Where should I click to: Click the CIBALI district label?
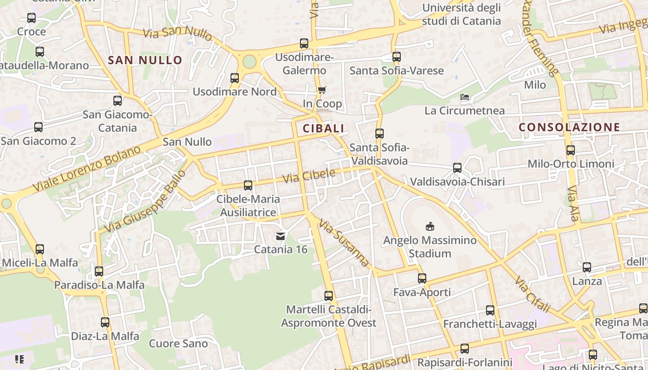[324, 129]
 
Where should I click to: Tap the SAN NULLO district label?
[145, 60]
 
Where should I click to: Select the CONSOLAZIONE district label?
[569, 127]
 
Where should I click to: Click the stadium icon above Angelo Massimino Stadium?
[430, 226]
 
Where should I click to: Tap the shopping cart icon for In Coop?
[322, 90]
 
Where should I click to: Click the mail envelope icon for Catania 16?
[280, 236]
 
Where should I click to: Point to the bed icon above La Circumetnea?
[465, 97]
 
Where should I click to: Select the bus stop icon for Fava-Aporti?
[422, 278]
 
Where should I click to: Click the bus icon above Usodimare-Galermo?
[304, 43]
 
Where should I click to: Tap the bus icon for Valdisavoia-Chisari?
[457, 168]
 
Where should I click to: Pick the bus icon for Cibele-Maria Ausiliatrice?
[248, 185]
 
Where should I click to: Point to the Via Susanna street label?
[344, 243]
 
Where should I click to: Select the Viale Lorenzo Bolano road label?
[87, 169]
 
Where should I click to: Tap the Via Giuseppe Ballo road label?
[145, 201]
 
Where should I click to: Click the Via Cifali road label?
[533, 295]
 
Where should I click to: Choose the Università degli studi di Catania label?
[461, 14]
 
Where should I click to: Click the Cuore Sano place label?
[178, 344]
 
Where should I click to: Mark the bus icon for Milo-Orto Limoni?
[571, 150]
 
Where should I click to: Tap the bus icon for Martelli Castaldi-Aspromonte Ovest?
[329, 296]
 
